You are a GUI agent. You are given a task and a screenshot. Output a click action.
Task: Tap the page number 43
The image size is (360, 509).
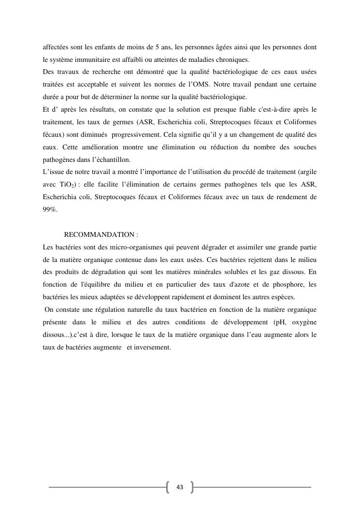tap(180, 487)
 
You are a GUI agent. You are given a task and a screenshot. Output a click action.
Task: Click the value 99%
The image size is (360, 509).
tap(50, 209)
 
